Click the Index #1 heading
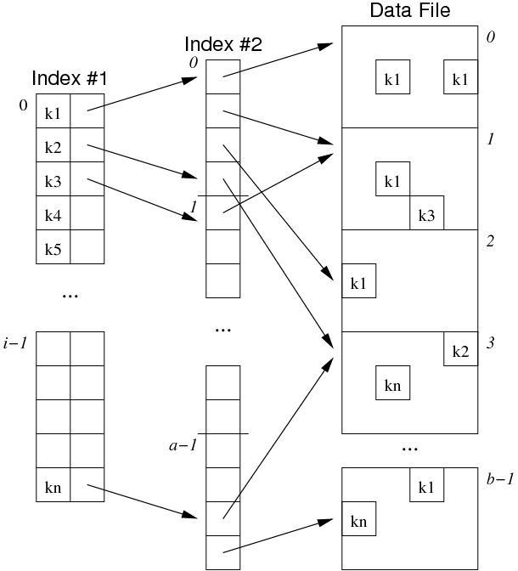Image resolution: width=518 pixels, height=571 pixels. (70, 78)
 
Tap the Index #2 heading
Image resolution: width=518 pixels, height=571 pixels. (222, 45)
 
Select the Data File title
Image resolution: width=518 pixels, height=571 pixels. (410, 11)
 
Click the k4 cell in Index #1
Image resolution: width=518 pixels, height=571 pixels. (53, 214)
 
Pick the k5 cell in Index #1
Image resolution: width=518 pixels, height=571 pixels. (53, 248)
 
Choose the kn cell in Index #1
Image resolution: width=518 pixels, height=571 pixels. (53, 487)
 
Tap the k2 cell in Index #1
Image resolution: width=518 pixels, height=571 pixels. (53, 146)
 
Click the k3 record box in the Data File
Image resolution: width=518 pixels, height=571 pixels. (426, 214)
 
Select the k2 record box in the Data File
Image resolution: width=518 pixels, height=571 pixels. (460, 349)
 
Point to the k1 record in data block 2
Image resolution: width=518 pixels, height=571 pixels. (358, 281)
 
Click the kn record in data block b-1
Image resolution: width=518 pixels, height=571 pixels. (358, 518)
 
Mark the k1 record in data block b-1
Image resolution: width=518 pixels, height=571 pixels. (426, 485)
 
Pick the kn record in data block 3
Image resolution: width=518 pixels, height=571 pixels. (392, 383)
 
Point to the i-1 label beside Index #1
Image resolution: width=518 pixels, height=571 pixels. (16, 342)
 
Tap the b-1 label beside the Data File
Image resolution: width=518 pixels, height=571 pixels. (499, 479)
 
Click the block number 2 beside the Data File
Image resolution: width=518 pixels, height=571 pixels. (490, 240)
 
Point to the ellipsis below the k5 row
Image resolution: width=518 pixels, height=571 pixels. (70, 296)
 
